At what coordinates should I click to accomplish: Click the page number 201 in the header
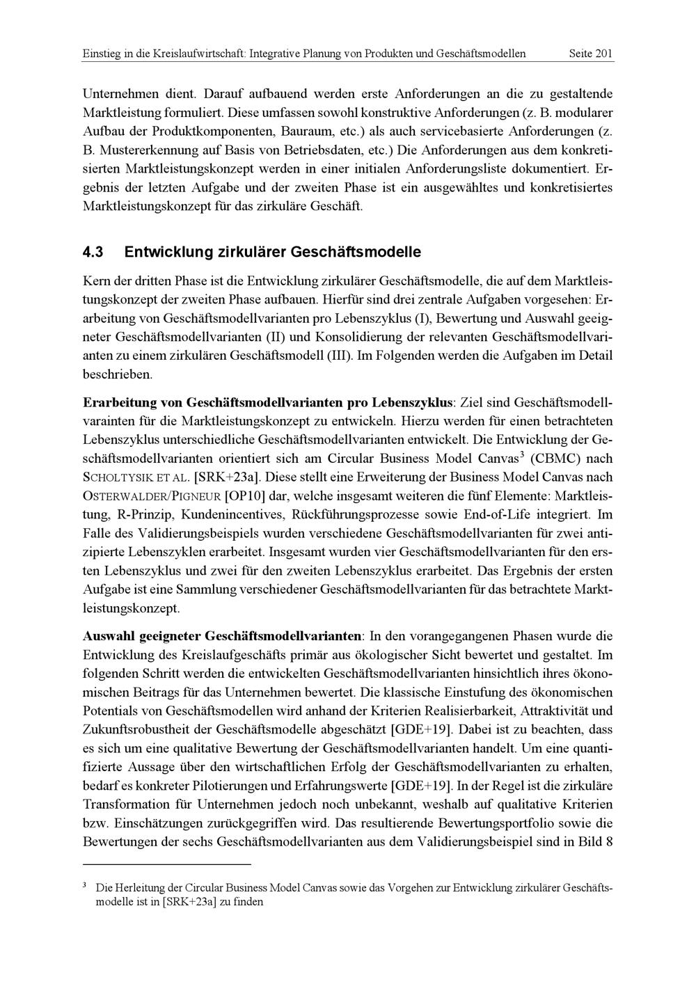(603, 54)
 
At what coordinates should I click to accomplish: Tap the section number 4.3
(95, 251)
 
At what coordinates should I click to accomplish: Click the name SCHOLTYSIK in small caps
(116, 478)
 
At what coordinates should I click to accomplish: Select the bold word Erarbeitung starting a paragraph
(120, 403)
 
